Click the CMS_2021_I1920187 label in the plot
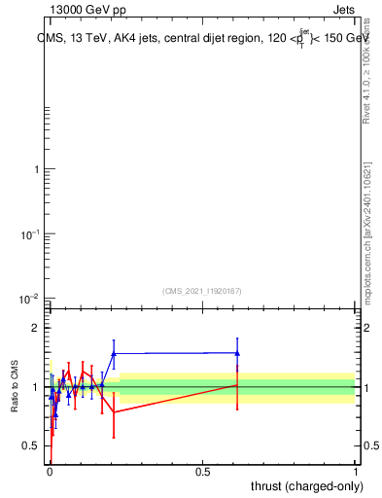click(202, 290)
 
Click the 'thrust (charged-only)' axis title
click(302, 485)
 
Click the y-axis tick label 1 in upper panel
click(37, 170)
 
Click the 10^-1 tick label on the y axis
click(32, 233)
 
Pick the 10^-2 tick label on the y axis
click(32, 298)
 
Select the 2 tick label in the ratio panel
click(37, 329)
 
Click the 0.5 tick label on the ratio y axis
click(31, 446)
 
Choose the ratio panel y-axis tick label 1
click(37, 387)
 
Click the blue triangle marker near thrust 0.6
click(237, 353)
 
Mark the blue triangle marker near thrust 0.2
click(114, 353)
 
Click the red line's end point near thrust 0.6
click(237, 385)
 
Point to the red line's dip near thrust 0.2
click(114, 411)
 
